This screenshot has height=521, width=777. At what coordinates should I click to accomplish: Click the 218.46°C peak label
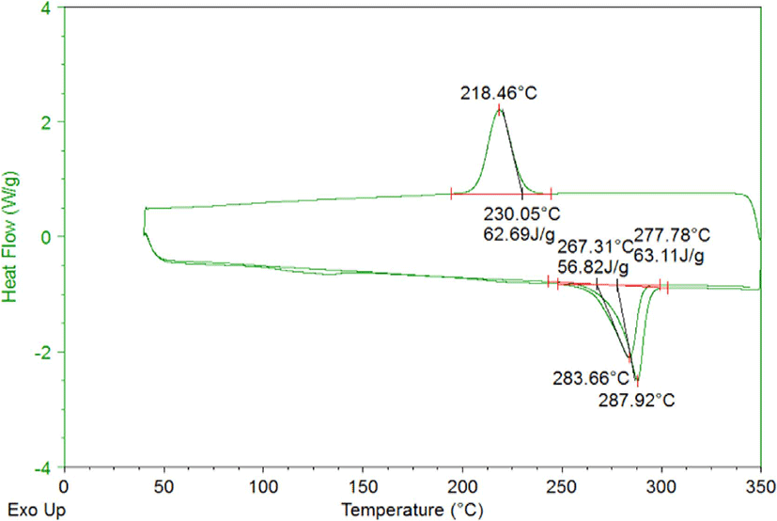coord(499,93)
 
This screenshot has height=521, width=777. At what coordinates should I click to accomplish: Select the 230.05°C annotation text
coord(521,214)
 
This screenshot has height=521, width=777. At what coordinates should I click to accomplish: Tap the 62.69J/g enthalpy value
coord(520,234)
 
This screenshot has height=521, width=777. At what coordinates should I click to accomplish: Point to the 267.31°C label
coord(596,246)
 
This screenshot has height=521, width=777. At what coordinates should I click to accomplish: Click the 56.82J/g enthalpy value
coord(593,267)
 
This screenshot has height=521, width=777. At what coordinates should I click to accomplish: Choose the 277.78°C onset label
coord(672,235)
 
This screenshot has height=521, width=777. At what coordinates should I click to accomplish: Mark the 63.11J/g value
coord(669,256)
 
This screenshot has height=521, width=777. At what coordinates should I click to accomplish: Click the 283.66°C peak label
coord(591,379)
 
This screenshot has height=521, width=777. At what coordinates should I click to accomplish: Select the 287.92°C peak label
coord(637,401)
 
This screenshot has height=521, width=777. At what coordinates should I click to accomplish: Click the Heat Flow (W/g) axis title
coord(10,237)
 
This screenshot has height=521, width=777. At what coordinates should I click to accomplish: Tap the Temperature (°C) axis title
coord(412,510)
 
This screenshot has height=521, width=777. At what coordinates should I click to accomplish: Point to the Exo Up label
coord(37,510)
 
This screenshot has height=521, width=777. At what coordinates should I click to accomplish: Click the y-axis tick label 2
coord(46,122)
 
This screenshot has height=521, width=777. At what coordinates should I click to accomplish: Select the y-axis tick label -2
coord(42,353)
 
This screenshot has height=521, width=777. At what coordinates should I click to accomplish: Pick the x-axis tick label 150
coord(363,487)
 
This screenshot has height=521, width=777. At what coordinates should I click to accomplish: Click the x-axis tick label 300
coord(661,487)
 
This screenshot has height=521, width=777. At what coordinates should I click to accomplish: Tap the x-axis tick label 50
coord(163,487)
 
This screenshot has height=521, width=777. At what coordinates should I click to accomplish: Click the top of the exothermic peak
coord(499,110)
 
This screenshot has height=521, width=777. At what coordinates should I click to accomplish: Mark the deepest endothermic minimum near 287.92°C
coord(637,380)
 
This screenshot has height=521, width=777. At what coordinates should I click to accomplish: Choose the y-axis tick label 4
coord(46,8)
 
